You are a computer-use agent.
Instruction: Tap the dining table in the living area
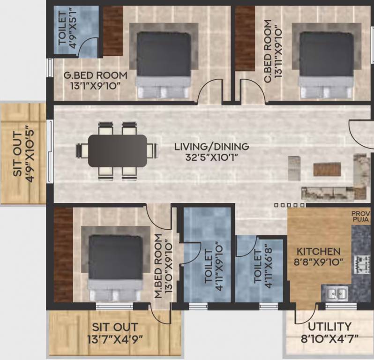(x=118, y=150)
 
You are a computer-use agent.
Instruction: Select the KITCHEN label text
(x=318, y=252)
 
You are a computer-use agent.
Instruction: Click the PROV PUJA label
(x=361, y=216)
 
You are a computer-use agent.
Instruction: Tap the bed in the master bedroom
(x=116, y=267)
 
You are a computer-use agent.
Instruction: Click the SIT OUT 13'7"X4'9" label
(x=115, y=333)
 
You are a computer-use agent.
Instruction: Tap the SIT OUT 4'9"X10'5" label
(x=23, y=153)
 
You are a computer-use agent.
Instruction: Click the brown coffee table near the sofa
(x=327, y=169)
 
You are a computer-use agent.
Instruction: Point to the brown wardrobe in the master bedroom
(x=63, y=255)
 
